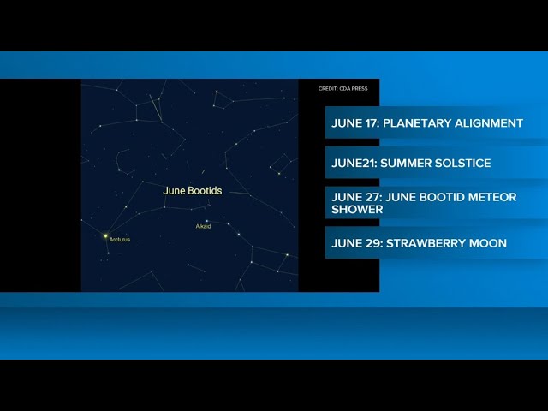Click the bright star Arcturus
point(105,236)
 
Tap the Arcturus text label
point(120,240)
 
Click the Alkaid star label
point(203,226)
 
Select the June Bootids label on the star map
point(193,190)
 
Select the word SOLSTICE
point(462,164)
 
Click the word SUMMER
point(405,164)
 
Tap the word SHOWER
point(357,209)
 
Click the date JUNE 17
point(355,123)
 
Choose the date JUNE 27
point(356,197)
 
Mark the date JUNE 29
point(357,243)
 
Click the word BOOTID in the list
point(441,197)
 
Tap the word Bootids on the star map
point(205,190)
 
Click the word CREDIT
point(328,89)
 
